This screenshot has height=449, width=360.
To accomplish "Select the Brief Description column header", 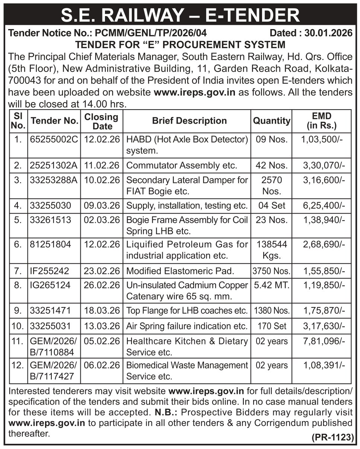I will (189, 121).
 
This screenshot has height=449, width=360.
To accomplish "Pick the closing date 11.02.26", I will (102, 165).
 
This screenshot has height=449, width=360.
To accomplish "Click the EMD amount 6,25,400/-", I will (323, 205).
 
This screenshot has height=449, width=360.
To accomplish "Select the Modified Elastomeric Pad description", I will (180, 271).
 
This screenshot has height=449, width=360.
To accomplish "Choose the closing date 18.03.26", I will (102, 310).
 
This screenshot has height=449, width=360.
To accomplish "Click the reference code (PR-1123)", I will (332, 437).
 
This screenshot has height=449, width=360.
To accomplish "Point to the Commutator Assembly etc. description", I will (182, 165).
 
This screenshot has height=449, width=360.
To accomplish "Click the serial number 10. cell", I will (17, 326).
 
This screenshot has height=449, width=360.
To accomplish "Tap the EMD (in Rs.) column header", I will (322, 121).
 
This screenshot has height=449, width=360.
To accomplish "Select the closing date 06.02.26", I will (102, 365).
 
